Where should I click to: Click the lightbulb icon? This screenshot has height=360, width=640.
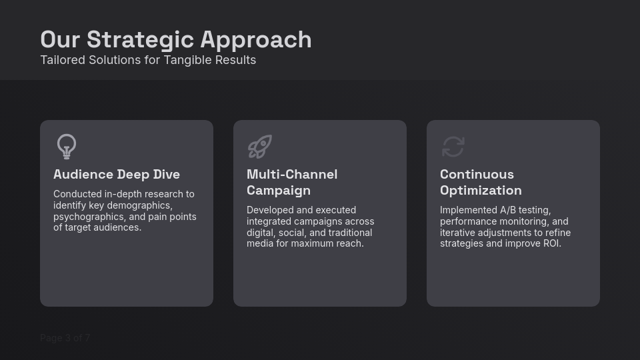pos(67,146)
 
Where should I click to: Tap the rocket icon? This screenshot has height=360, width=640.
pos(259,147)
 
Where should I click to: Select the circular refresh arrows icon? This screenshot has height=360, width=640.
pos(453,147)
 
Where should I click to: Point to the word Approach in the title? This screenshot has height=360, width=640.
pos(256,40)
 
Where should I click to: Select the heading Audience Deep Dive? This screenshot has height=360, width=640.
pos(117,174)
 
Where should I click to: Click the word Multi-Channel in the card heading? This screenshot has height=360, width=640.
pos(292,174)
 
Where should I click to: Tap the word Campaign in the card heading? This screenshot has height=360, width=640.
pos(279,190)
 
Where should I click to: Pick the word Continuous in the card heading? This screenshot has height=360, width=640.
pos(477,174)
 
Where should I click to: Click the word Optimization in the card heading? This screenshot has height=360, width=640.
pos(481,190)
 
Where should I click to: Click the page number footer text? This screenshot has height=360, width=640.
pos(65,338)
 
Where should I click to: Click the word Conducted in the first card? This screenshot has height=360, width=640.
pos(77,194)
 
